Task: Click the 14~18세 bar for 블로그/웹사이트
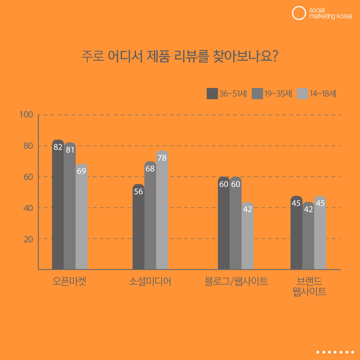click(x=248, y=236)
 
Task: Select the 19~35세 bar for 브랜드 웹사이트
click(x=308, y=236)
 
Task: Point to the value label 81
click(x=70, y=150)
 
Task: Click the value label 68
click(x=150, y=169)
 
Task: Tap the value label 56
click(x=138, y=192)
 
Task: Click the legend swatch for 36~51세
click(x=212, y=94)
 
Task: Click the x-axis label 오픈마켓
click(x=70, y=282)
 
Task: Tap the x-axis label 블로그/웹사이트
click(x=236, y=282)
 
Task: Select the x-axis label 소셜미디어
click(x=150, y=282)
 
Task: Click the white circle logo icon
click(x=299, y=13)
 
